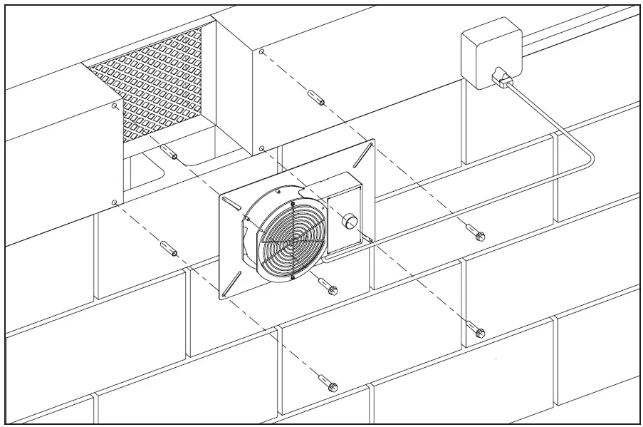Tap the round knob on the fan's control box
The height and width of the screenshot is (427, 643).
350,221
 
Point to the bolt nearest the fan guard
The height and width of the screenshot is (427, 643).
330,287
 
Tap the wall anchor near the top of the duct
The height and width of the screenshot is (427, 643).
317,98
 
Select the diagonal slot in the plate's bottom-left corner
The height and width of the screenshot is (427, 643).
229,287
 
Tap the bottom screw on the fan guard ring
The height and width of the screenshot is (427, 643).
292,278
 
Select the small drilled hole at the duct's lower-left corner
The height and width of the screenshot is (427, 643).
115,202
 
